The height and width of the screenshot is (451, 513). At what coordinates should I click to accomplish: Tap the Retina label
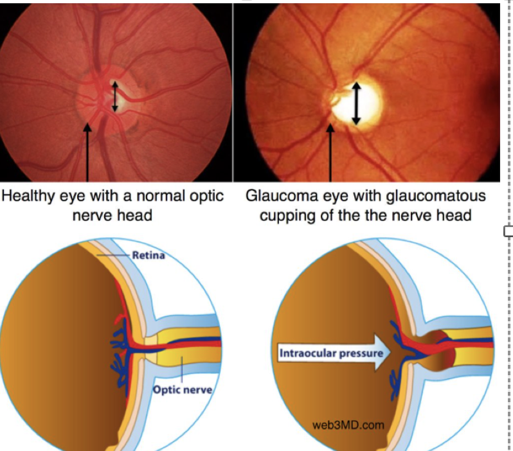(148, 255)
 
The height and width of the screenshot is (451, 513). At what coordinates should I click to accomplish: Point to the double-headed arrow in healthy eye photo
(115, 96)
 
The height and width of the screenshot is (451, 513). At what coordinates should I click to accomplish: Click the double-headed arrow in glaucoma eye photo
(356, 103)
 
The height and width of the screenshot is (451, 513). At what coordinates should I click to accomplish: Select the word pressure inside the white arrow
(361, 353)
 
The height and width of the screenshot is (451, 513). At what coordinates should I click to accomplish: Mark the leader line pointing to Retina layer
(114, 256)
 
